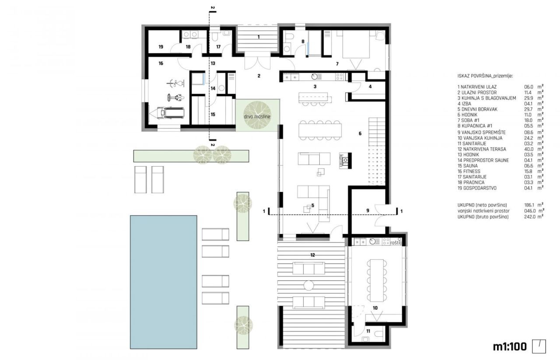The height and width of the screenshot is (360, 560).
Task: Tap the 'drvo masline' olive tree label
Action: pyautogui.click(x=257, y=117)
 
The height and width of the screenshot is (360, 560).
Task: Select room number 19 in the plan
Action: pyautogui.click(x=161, y=46)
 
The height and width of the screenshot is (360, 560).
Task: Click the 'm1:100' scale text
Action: pyautogui.click(x=509, y=347)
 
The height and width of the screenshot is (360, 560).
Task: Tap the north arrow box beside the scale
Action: pyautogui.click(x=539, y=346)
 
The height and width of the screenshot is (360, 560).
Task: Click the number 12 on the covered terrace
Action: pyautogui.click(x=312, y=254)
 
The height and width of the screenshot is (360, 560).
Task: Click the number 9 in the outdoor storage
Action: pyautogui.click(x=367, y=211)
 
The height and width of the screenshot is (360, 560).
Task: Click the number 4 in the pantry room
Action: pyautogui.click(x=370, y=87)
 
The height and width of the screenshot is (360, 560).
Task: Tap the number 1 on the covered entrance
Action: pyautogui.click(x=258, y=37)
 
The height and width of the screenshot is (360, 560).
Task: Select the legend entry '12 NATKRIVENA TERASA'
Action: pyautogui.click(x=476, y=148)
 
